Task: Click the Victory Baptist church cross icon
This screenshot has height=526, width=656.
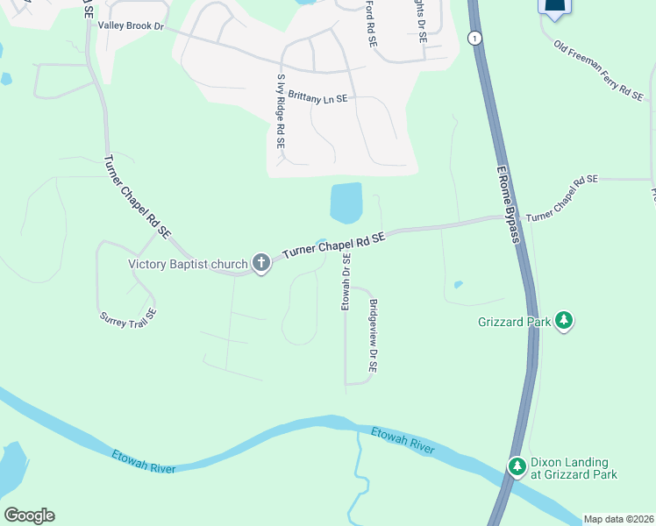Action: [260, 262]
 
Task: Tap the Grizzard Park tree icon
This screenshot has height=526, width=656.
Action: [565, 322]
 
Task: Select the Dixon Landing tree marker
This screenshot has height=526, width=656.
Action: [517, 464]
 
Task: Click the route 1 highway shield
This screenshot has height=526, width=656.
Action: [474, 38]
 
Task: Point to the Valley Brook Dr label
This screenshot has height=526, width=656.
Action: [132, 26]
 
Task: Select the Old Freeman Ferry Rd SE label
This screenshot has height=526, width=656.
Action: [598, 68]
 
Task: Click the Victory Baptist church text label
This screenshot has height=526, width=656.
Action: [189, 263]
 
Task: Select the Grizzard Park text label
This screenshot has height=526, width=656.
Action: [514, 323]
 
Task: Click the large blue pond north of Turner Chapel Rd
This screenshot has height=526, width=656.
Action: [346, 203]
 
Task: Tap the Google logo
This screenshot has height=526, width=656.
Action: [29, 515]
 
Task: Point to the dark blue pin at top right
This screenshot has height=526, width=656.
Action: [555, 7]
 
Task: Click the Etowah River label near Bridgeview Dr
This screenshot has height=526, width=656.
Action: [403, 440]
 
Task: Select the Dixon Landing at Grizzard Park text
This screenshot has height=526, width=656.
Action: [574, 469]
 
